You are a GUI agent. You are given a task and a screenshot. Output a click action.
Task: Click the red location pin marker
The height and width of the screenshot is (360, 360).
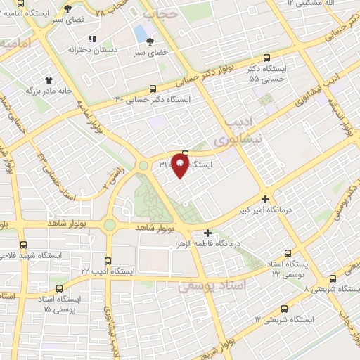pyautogui.click(x=180, y=166)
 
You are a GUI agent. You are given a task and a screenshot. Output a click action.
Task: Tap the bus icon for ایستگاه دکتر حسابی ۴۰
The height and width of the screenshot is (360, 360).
pyautogui.click(x=153, y=89)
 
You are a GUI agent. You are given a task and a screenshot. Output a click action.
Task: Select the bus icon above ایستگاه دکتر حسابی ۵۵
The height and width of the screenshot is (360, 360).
pyautogui.click(x=265, y=59)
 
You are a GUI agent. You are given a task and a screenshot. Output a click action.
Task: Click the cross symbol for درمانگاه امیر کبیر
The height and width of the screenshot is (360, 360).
pyautogui.click(x=264, y=199)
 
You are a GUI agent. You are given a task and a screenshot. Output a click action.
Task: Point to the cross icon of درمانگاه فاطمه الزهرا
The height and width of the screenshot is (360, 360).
pyautogui.click(x=207, y=233)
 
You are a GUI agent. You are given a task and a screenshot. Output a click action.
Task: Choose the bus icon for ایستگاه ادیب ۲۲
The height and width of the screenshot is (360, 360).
pyautogui.click(x=108, y=260)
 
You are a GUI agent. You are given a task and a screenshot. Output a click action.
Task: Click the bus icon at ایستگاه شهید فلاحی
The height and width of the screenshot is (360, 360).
pyautogui.click(x=23, y=245)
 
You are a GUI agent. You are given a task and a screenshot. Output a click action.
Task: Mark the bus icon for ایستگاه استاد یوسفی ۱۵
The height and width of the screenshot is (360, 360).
pyautogui.click(x=58, y=288)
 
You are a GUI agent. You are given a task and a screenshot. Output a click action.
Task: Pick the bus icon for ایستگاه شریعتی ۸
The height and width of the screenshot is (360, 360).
pyautogui.click(x=330, y=279)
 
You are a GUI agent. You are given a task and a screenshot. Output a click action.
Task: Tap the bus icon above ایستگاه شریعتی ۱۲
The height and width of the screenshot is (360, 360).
pyautogui.click(x=284, y=309)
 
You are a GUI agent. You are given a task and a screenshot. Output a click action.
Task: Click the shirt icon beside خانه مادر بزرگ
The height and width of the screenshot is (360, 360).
pyautogui.click(x=49, y=81)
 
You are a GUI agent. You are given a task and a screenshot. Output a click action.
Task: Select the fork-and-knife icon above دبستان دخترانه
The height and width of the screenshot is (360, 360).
pyautogui.click(x=91, y=39)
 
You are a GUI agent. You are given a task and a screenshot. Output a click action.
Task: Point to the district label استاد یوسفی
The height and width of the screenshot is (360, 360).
pyautogui.click(x=210, y=286)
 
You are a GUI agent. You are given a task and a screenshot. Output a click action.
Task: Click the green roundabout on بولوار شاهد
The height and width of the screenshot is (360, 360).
pyautogui.click(x=109, y=225)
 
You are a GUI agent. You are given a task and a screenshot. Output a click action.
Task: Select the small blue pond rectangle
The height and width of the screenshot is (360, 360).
pyautogui.click(x=141, y=33)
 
